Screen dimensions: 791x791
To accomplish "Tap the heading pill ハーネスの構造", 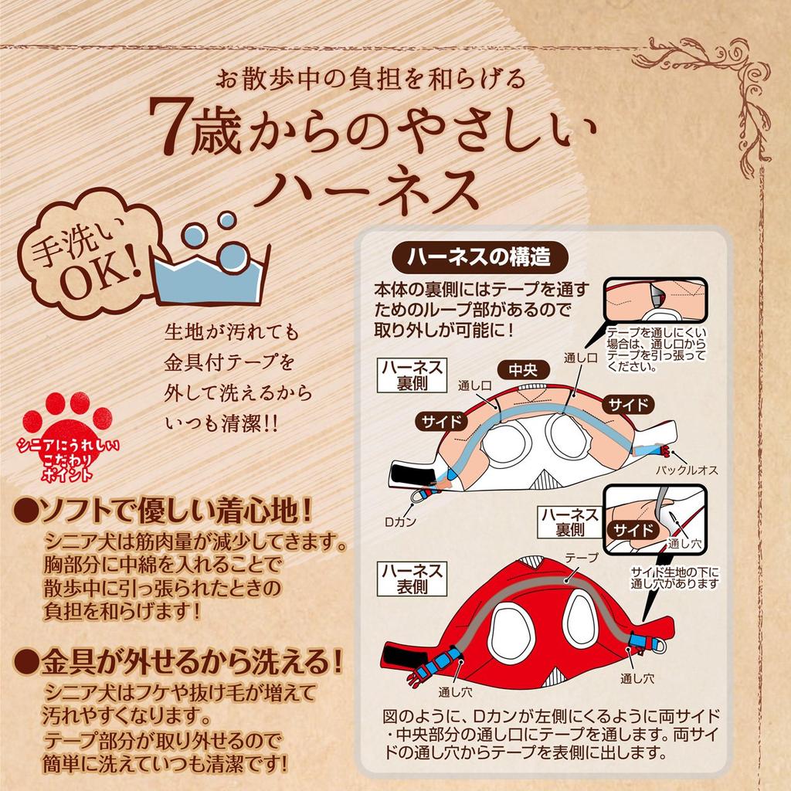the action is pyautogui.click(x=480, y=257).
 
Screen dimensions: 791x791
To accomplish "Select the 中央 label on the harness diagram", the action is pyautogui.click(x=523, y=370).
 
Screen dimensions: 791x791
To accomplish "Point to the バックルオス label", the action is pyautogui.click(x=687, y=470).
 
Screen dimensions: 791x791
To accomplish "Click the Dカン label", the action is pyautogui.click(x=400, y=521).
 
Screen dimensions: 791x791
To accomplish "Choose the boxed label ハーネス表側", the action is pyautogui.click(x=412, y=579).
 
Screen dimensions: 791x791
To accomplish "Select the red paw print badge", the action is pyautogui.click(x=68, y=437).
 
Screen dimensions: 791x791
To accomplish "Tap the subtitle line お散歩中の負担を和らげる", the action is pyautogui.click(x=372, y=80).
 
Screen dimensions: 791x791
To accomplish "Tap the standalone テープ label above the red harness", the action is pyautogui.click(x=582, y=558).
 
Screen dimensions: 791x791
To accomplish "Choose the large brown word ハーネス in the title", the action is pyautogui.click(x=366, y=189).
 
